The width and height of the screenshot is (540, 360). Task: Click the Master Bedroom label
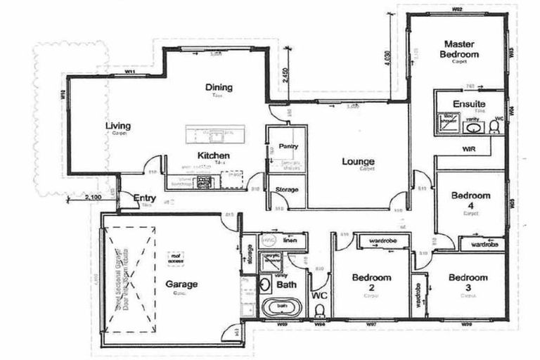pyautogui.click(x=459, y=49)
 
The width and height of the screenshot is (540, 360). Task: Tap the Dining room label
pyautogui.click(x=219, y=88)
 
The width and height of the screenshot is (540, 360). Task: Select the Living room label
pyautogui.click(x=118, y=127)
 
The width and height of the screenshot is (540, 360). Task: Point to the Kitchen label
pyautogui.click(x=211, y=155)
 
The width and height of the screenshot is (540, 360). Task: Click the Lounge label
pyautogui.click(x=357, y=162)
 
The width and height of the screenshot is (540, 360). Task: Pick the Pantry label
pyautogui.click(x=288, y=146)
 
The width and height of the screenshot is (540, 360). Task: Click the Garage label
pyautogui.click(x=181, y=284)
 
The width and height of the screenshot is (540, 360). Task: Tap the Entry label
pyautogui.click(x=144, y=198)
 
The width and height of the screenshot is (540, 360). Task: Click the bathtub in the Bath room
pyautogui.click(x=281, y=307)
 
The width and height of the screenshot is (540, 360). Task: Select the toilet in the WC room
pyautogui.click(x=320, y=309)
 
